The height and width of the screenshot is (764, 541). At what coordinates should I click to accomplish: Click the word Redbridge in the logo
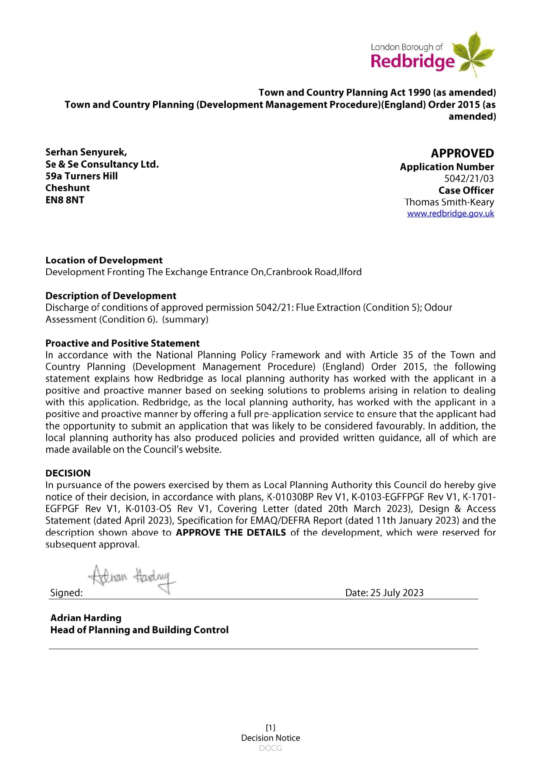pos(412,61)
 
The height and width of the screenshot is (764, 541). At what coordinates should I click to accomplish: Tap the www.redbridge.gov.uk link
pos(450,213)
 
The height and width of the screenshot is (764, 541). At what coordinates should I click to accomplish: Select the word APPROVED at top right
pos(462,153)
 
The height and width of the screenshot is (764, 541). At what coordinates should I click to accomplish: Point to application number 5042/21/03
pos(469,179)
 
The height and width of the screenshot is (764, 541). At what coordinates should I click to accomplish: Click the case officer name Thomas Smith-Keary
pos(449,202)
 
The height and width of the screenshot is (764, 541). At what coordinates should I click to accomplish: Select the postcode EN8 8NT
pos(65,200)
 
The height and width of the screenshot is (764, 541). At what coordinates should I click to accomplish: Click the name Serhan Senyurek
pos(86,152)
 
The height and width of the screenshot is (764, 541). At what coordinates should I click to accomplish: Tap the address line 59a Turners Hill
pos(82,176)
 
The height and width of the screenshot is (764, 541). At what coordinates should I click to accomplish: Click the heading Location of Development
pos(104,260)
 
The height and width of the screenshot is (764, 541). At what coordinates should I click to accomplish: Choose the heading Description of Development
pos(111,296)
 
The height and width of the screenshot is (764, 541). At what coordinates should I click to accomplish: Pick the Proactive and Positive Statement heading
pos(122,343)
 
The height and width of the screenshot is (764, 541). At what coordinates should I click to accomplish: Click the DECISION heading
pos(68,473)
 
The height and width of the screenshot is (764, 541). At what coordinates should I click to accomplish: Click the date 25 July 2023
pos(396,592)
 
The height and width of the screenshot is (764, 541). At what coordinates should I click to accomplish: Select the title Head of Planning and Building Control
pos(139,630)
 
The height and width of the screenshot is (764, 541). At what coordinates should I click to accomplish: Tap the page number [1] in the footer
pos(270,727)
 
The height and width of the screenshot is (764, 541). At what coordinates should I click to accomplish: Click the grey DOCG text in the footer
pos(270,748)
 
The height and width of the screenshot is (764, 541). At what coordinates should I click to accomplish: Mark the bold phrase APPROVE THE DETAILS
pos(231,532)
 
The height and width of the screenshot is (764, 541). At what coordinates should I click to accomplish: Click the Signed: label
pos(66,592)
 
